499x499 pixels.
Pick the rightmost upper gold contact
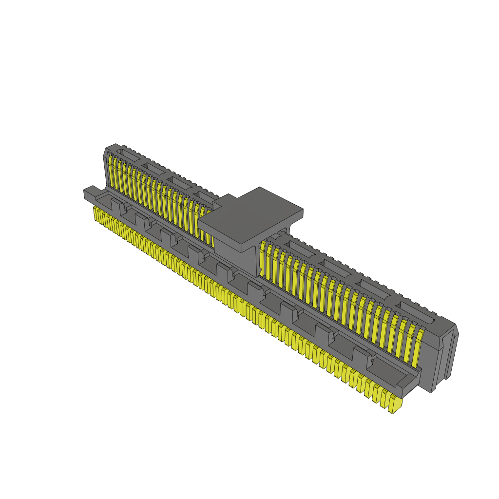(x=418, y=348)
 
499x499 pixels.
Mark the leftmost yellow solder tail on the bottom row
(x=96, y=213)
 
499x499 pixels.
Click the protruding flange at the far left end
(x=90, y=194)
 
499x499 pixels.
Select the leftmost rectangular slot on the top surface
(x=128, y=155)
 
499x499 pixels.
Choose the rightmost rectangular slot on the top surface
(x=416, y=312)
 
